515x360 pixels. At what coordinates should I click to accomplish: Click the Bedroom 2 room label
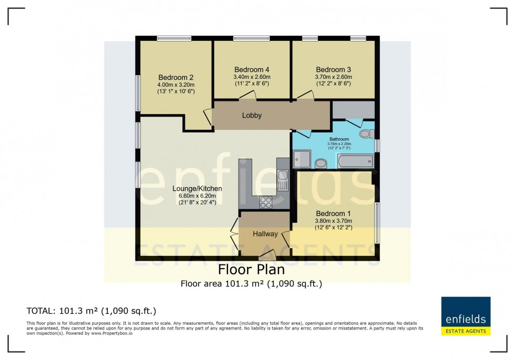point(176,78)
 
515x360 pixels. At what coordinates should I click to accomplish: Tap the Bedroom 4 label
point(252,69)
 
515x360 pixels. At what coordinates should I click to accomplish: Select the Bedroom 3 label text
point(333,69)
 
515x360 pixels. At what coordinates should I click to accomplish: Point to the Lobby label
point(252,115)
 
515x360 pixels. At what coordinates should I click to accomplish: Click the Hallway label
point(265,234)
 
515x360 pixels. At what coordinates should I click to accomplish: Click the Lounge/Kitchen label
point(198,189)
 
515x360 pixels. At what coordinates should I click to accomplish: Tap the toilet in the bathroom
point(367,133)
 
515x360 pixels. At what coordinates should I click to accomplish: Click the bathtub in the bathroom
point(356,161)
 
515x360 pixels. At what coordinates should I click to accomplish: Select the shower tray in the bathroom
point(302,159)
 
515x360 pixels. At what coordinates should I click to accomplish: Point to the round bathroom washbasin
point(321,163)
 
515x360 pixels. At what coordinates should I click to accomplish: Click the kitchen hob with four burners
point(266,202)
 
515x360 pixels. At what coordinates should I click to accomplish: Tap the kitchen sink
point(283,180)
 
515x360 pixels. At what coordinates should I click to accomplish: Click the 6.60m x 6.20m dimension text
point(198,196)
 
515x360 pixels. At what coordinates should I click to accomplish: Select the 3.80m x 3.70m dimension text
point(333,221)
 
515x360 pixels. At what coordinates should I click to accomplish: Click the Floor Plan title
point(251,270)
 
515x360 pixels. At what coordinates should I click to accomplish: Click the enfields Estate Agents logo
point(466,316)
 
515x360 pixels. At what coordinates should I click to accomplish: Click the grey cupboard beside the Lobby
point(354,110)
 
